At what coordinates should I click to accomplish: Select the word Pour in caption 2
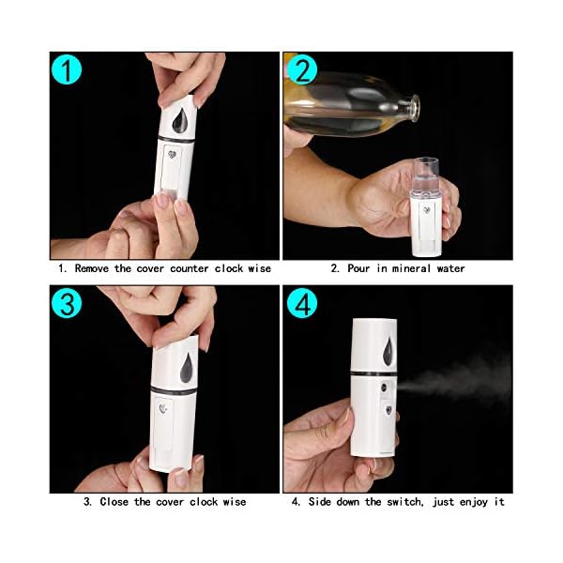(x=358, y=268)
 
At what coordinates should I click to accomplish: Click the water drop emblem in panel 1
(x=179, y=122)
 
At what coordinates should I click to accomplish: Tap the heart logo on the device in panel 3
(x=165, y=411)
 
